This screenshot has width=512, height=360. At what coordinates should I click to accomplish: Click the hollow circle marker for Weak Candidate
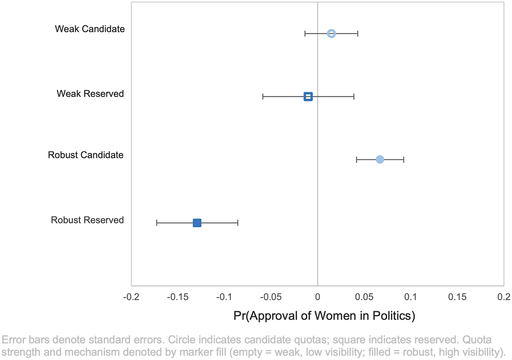[x=331, y=34]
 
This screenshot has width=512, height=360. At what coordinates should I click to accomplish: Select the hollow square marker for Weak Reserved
[x=308, y=97]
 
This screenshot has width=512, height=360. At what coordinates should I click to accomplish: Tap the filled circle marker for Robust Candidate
[x=380, y=159]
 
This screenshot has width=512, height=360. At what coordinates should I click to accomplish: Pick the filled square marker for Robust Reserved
[x=197, y=223]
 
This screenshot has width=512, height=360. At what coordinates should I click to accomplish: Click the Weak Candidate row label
[x=90, y=29]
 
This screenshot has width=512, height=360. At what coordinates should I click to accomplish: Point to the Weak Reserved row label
[x=90, y=94]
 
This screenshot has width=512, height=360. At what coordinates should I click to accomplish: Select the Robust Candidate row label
[x=86, y=155]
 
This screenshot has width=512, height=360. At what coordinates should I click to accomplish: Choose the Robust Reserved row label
[x=87, y=220]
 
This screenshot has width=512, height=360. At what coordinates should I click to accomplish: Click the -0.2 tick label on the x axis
[x=131, y=297]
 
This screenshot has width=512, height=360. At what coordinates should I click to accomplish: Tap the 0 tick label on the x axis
[x=317, y=297]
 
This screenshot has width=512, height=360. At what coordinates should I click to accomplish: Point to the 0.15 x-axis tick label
[x=457, y=297]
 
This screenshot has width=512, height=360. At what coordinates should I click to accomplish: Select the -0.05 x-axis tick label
[x=271, y=297]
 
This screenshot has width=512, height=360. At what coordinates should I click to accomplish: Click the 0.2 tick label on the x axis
[x=504, y=297]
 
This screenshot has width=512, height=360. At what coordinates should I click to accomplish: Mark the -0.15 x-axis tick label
[x=178, y=297]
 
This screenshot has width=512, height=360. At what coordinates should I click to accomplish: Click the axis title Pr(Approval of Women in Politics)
[x=324, y=316]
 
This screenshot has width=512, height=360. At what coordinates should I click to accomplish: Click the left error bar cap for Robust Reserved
[x=157, y=223]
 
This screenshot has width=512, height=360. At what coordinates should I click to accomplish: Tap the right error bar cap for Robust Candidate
[x=404, y=159]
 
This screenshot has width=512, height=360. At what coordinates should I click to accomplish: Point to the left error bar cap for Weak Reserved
[x=263, y=97]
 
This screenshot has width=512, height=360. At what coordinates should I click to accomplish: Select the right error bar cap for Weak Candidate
[x=358, y=34]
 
